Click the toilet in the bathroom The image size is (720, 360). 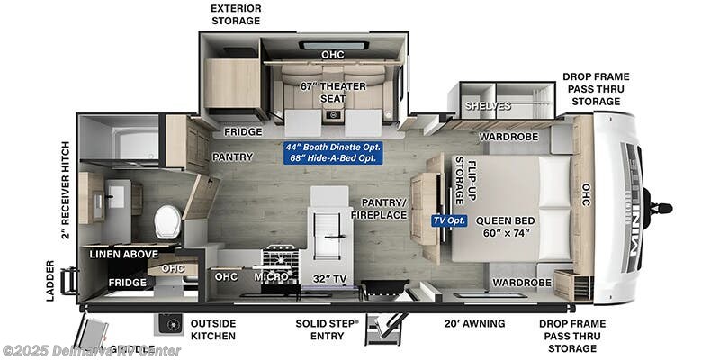click(x=167, y=220)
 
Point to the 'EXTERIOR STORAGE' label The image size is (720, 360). click(x=236, y=13)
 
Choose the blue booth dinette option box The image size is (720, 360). click(x=329, y=152)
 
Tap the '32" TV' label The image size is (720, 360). click(x=329, y=276)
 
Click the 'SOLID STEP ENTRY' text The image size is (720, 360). click(x=328, y=329)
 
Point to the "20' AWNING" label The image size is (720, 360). click(x=473, y=323)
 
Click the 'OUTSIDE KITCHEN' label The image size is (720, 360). click(x=213, y=329)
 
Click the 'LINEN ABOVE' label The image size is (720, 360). click(x=124, y=254)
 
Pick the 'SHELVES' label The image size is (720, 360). click(x=488, y=105)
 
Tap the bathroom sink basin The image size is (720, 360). click(x=114, y=195)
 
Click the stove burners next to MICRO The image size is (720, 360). click(x=280, y=256)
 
